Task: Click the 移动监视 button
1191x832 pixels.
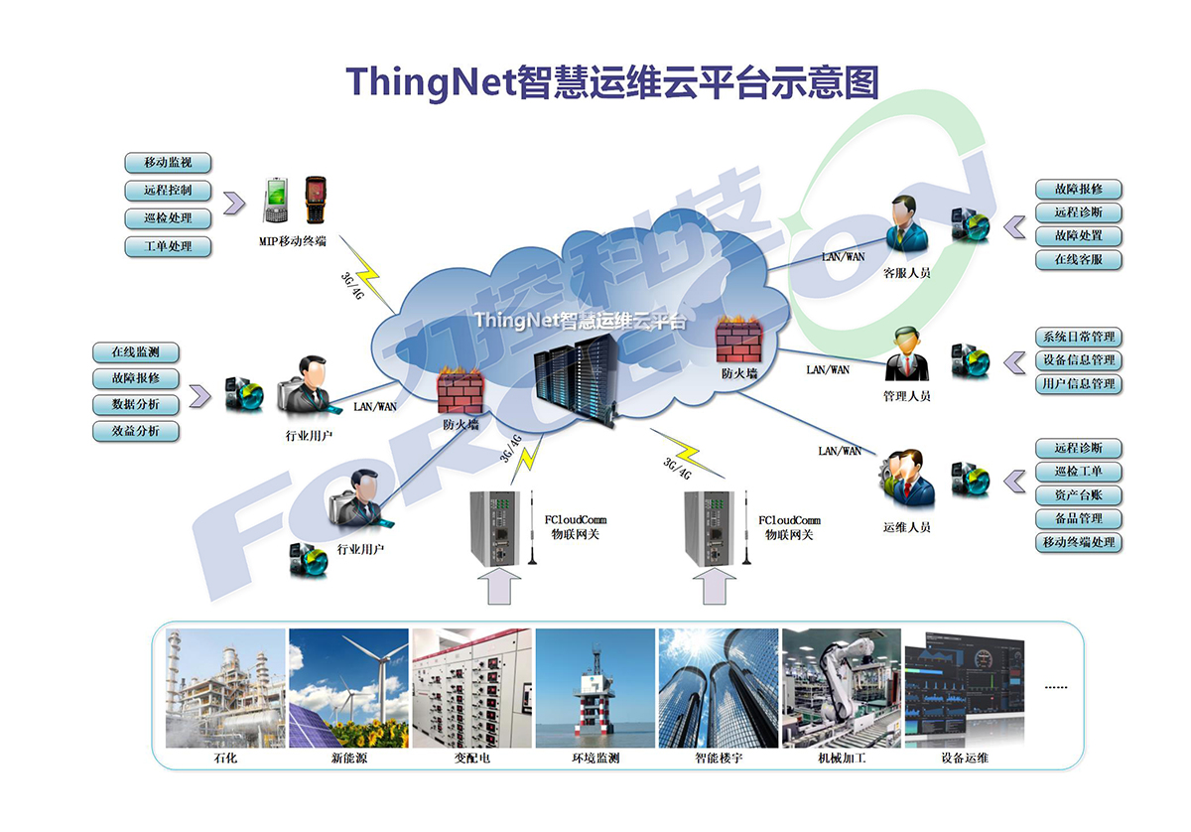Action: tap(168, 163)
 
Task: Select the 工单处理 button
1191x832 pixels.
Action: tap(168, 246)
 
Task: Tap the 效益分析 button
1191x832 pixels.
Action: tap(136, 431)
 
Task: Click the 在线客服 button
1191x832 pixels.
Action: tap(1078, 260)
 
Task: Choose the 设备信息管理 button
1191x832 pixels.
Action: tap(1078, 360)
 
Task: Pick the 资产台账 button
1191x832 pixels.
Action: tap(1078, 495)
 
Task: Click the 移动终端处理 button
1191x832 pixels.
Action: tap(1078, 543)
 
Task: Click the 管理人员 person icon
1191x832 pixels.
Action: tap(906, 354)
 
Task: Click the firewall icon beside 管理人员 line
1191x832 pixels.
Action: tap(738, 340)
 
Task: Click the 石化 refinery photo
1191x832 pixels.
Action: tap(225, 688)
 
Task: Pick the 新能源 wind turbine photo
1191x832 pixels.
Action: tap(348, 688)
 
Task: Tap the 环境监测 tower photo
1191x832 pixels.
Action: tap(595, 688)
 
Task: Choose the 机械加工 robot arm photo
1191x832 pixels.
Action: tap(842, 688)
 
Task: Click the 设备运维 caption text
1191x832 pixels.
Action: tap(965, 759)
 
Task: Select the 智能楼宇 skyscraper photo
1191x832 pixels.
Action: tap(719, 688)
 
